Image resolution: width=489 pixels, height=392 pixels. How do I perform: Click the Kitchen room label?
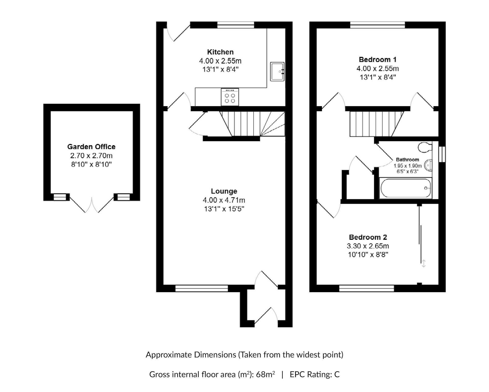tap(220, 52)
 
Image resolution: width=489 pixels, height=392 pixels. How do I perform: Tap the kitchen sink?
tap(277, 72)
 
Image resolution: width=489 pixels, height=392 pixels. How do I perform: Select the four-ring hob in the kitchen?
tap(230, 97)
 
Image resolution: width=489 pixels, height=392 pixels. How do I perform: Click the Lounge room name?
tap(224, 191)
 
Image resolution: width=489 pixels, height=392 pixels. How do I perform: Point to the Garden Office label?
tap(91, 147)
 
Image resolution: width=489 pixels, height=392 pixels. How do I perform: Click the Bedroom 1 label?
tap(377, 60)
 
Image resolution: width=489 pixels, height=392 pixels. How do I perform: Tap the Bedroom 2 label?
tap(368, 237)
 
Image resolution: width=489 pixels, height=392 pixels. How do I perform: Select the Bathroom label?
tap(407, 160)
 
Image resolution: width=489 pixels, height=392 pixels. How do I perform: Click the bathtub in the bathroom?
tap(405, 188)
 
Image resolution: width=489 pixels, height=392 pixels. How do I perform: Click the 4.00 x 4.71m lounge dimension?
tap(224, 200)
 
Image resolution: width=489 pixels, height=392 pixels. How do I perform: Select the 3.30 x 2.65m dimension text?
tap(368, 246)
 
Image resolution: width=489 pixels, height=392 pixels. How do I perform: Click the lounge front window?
tap(201, 288)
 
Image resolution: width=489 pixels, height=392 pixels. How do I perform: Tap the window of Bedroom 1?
tap(377, 25)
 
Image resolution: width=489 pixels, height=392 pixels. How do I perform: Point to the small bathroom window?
tap(442, 154)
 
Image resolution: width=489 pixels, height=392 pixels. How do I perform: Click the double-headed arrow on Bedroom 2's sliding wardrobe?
tap(424, 263)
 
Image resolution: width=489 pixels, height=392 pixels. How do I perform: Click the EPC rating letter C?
tap(337, 374)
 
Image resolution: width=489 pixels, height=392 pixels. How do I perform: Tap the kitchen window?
tap(236, 25)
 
